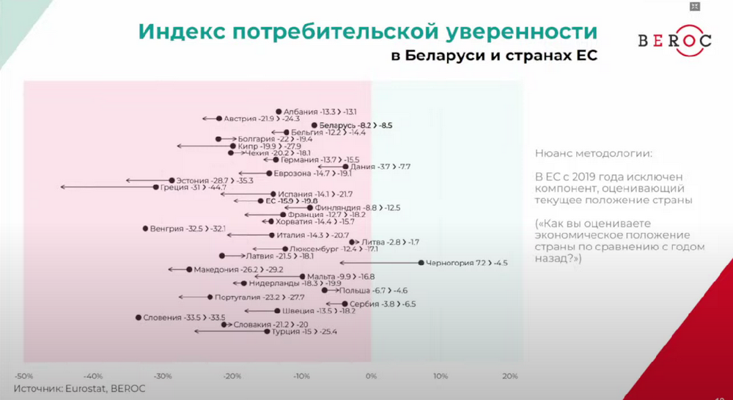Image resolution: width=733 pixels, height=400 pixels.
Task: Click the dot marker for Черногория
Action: (421, 262)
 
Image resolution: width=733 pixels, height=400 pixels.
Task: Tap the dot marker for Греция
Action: (155, 187)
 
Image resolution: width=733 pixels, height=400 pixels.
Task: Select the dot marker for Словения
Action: (138, 317)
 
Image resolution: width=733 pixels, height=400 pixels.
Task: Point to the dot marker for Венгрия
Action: (145, 229)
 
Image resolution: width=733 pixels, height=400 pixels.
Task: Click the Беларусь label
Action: (338, 125)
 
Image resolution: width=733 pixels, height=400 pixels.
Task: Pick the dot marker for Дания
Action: (345, 166)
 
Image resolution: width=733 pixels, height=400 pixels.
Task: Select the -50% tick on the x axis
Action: (24, 376)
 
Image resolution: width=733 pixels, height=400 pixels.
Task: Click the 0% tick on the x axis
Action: (371, 376)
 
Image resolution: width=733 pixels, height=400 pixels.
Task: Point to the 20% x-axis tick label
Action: (509, 376)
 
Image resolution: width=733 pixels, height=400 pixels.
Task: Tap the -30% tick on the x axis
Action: (163, 376)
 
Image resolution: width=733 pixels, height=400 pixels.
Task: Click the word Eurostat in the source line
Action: (86, 388)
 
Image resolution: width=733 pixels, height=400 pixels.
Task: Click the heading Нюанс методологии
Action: (592, 154)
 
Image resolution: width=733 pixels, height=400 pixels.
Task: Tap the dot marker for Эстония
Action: (172, 180)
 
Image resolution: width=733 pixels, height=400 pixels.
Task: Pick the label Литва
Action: (373, 242)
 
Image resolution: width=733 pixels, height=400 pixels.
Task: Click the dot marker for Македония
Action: (189, 270)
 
